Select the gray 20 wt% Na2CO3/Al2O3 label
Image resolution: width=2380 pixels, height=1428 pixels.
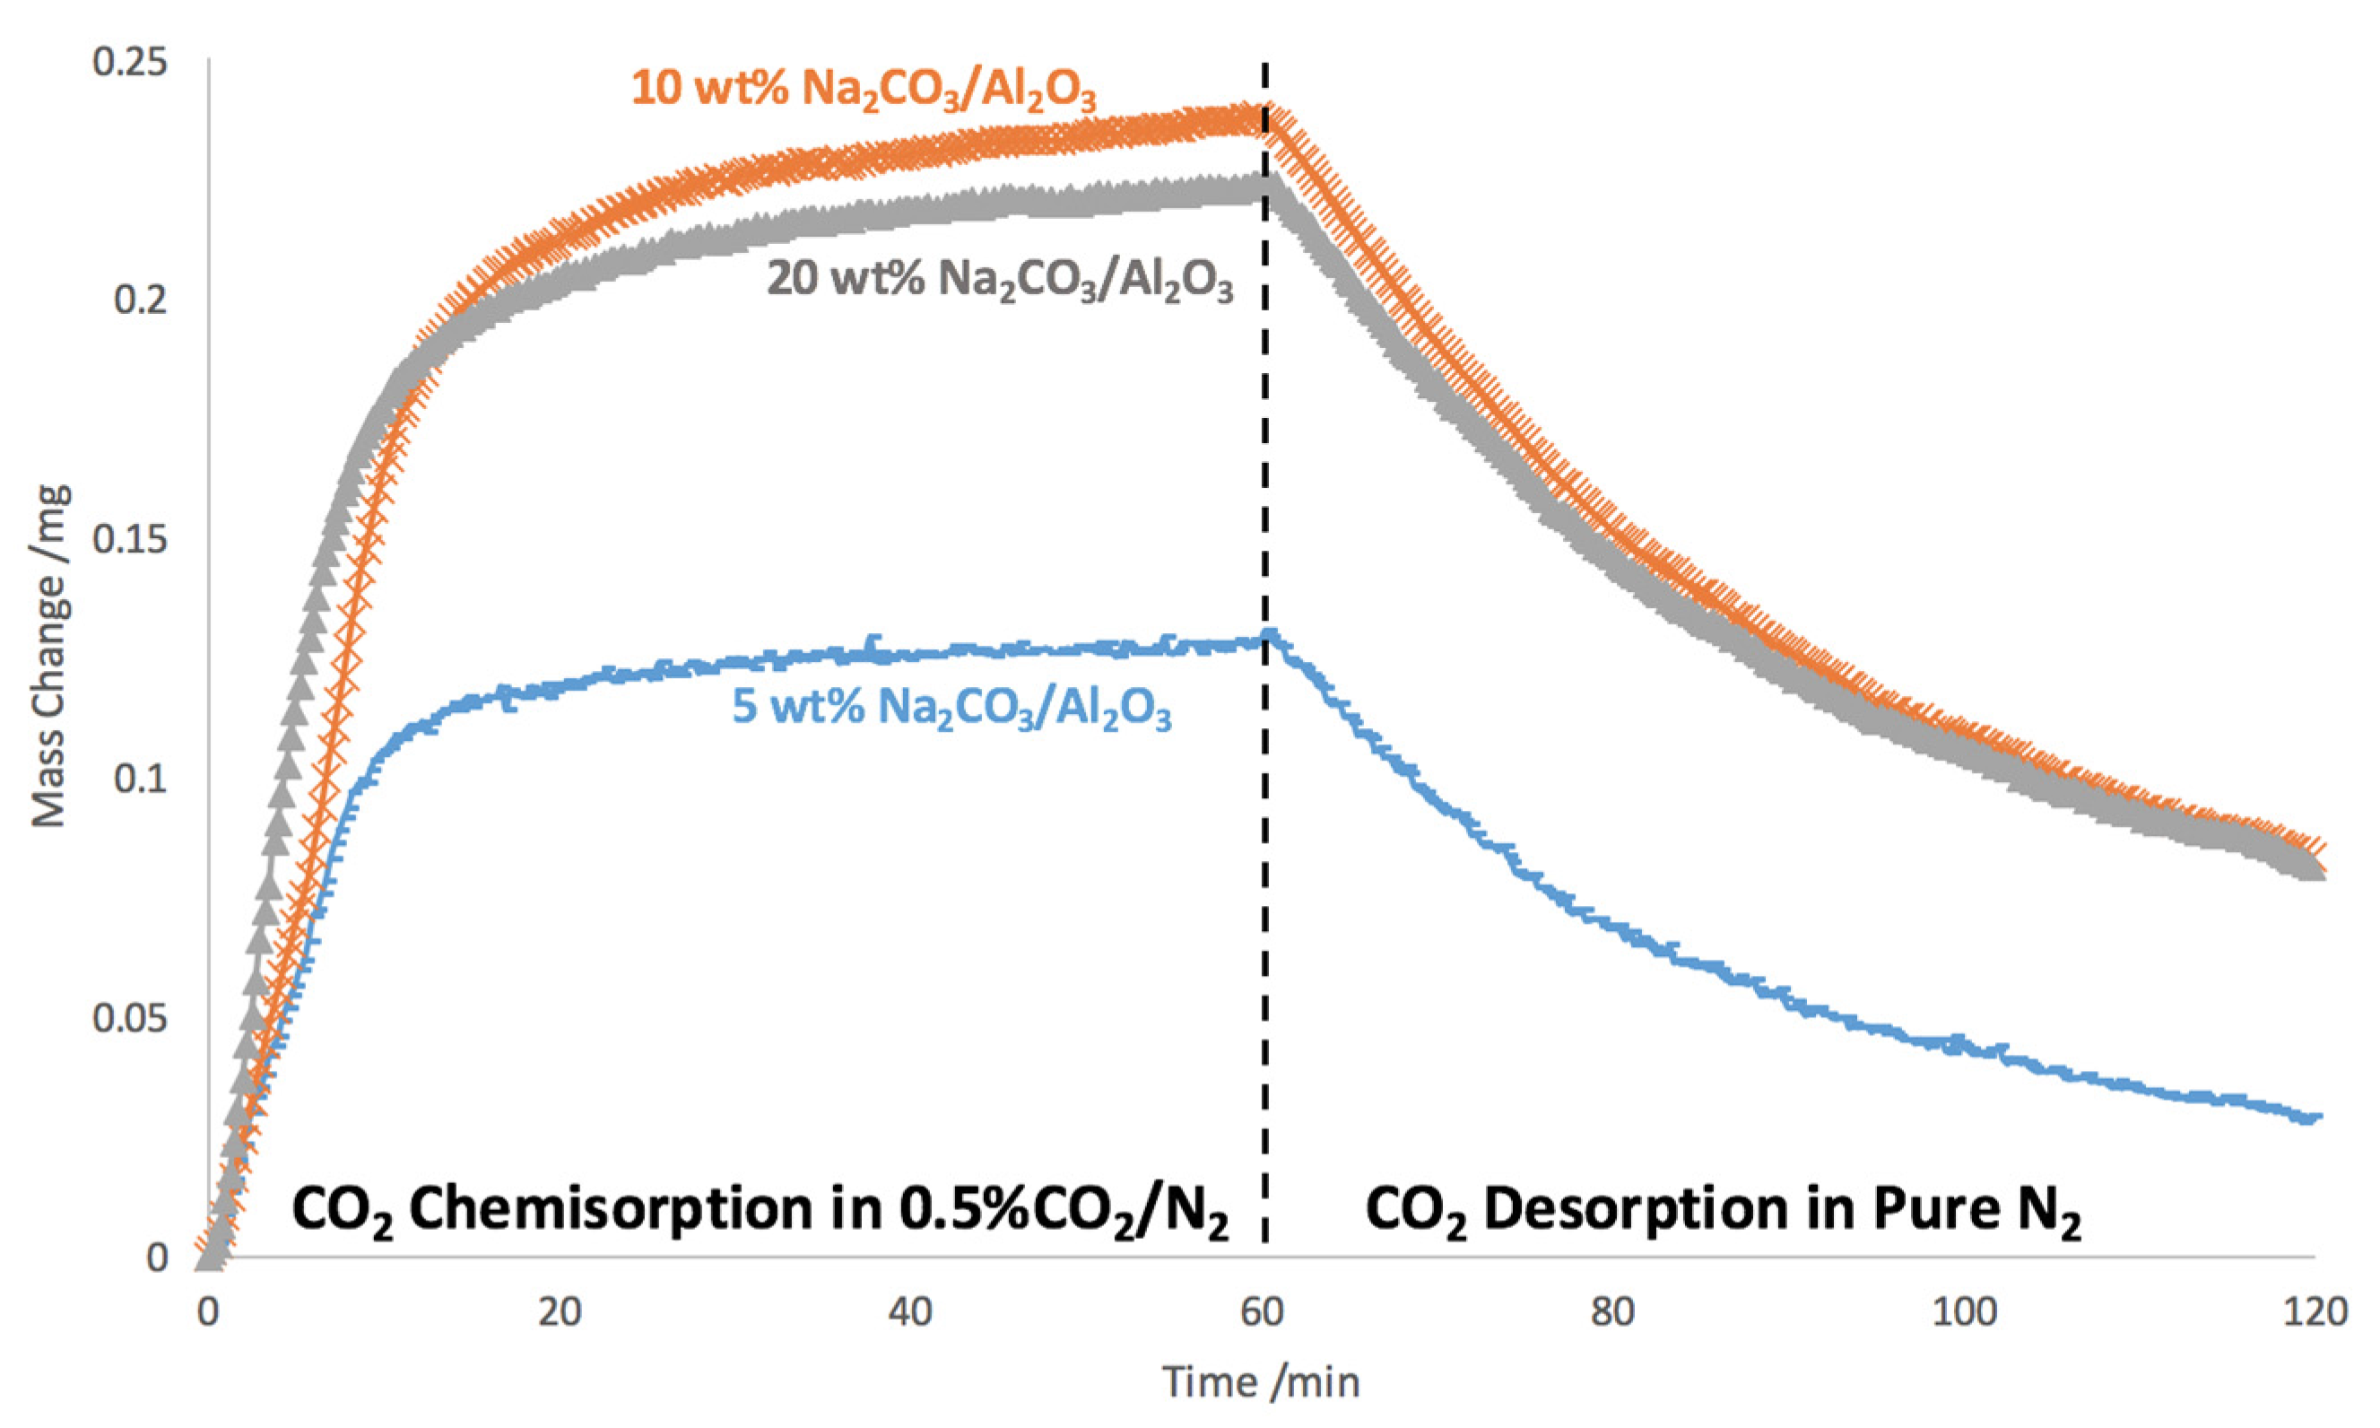point(1000,282)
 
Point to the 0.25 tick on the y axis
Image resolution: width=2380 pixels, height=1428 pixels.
point(129,63)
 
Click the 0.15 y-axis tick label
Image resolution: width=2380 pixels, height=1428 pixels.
point(129,540)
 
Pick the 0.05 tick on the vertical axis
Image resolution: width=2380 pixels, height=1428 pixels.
point(129,1018)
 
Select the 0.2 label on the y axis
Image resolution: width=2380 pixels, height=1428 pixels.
point(141,300)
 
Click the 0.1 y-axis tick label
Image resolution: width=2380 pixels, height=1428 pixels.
point(141,779)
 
